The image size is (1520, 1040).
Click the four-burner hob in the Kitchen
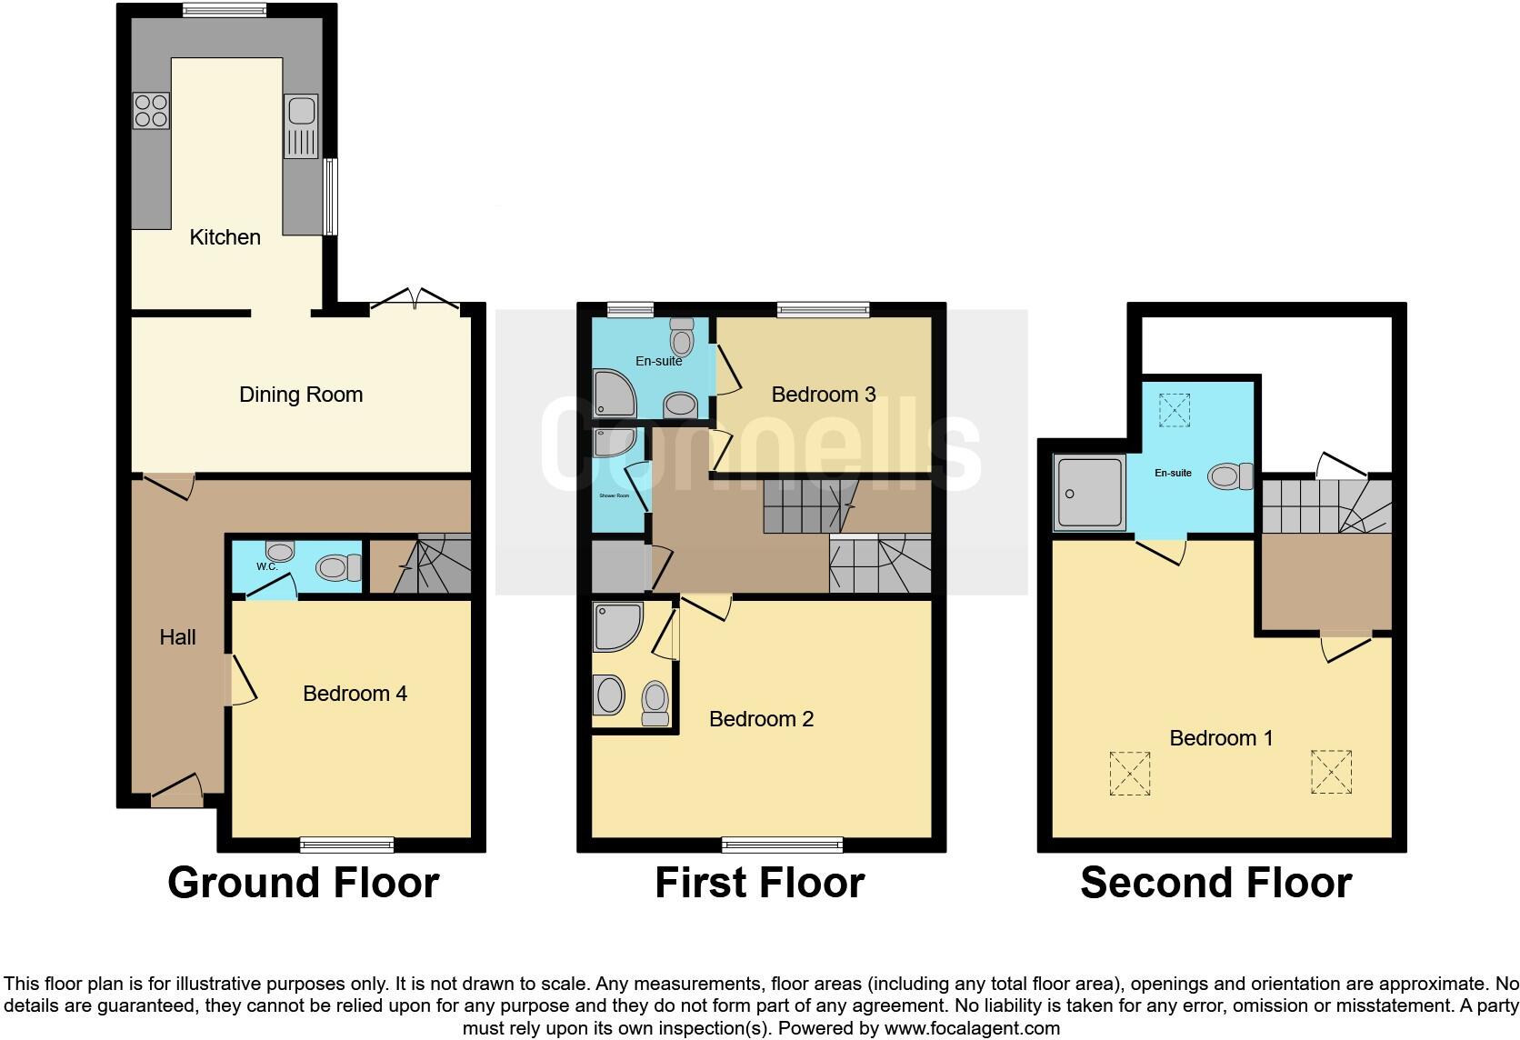coord(152,111)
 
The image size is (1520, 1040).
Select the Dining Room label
coord(301,395)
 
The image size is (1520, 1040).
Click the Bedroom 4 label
coord(355,694)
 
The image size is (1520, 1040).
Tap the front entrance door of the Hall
coord(176,792)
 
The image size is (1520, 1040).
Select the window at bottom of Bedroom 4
coord(346,845)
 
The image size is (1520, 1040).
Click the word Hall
coord(177,637)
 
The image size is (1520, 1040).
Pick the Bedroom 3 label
coord(823,395)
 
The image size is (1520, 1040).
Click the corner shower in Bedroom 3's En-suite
coord(615,392)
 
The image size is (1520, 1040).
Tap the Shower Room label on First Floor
coord(614,495)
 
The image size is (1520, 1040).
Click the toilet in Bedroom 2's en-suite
coord(655,704)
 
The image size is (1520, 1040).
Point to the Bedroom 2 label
coord(761,719)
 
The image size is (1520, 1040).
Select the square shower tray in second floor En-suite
coord(1089,494)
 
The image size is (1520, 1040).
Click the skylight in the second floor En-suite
coord(1174,410)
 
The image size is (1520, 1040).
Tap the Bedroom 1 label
coord(1221,738)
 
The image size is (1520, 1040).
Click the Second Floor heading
coord(1215,883)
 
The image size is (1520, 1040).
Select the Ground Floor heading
coord(303,883)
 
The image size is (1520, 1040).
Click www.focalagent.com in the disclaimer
coord(971,1029)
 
